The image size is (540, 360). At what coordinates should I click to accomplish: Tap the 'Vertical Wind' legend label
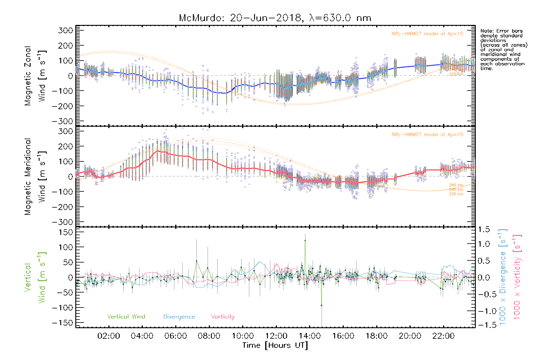(126, 316)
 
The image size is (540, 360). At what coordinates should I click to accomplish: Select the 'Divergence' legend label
(179, 316)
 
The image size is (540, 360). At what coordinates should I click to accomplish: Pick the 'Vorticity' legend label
(223, 316)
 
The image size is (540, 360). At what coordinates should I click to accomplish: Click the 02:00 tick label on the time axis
(109, 336)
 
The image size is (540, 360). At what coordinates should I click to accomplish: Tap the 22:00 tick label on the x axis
(443, 336)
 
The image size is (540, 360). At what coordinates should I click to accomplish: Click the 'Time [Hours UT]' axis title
(275, 345)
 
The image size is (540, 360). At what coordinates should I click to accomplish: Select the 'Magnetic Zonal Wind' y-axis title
(35, 76)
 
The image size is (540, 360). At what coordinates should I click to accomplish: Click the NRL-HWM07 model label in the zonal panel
(427, 34)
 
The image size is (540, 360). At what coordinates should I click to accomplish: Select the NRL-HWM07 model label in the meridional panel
(427, 135)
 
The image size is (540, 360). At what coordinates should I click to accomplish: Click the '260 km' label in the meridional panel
(456, 185)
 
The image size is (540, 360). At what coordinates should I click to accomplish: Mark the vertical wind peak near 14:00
(305, 240)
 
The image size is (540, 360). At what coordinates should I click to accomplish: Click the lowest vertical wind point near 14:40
(321, 305)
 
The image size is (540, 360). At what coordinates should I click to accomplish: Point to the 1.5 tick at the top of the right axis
(484, 229)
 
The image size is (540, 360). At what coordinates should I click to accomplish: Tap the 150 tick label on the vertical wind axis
(66, 232)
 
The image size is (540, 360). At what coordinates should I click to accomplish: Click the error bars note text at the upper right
(503, 49)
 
